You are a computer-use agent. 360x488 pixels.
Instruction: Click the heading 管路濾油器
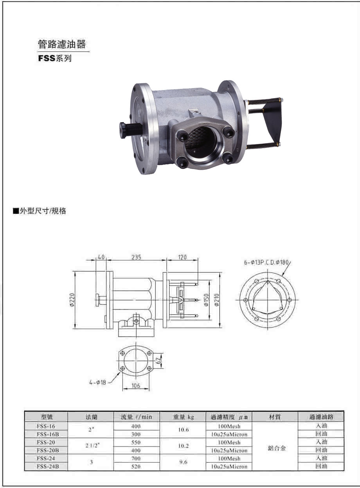point(61,44)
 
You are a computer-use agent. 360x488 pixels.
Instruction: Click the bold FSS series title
point(55,58)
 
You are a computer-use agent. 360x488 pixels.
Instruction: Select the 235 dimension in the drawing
point(136,257)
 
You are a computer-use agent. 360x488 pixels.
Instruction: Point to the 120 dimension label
point(182,257)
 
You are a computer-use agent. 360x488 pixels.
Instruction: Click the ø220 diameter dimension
point(73,300)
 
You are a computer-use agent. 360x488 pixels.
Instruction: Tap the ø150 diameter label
point(206,300)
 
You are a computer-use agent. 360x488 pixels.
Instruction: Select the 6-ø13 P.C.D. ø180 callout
point(266,263)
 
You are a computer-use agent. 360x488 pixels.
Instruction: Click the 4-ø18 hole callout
point(97,382)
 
